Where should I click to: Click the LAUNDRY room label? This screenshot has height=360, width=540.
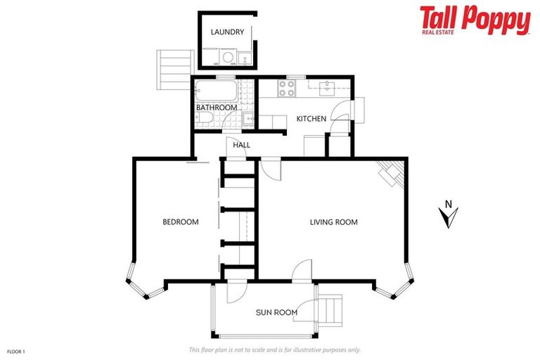pyautogui.click(x=228, y=32)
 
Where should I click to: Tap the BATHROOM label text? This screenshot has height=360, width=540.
pyautogui.click(x=217, y=108)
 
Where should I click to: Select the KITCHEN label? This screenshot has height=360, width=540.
pyautogui.click(x=311, y=119)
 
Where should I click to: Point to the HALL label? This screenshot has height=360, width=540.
pyautogui.click(x=241, y=146)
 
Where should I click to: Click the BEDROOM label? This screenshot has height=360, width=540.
pyautogui.click(x=181, y=222)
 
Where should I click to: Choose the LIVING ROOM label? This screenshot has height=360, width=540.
pyautogui.click(x=334, y=222)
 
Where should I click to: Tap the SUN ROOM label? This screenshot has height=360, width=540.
pyautogui.click(x=276, y=312)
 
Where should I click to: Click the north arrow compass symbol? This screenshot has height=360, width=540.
pyautogui.click(x=447, y=216)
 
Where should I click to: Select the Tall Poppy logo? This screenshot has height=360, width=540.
pyautogui.click(x=475, y=20)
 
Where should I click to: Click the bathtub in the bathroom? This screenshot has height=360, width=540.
pyautogui.click(x=216, y=91)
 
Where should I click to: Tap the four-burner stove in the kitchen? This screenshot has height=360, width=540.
pyautogui.click(x=287, y=89)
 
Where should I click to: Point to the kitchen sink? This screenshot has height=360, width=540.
pyautogui.click(x=328, y=88)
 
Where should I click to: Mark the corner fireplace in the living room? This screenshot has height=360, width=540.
pyautogui.click(x=390, y=173)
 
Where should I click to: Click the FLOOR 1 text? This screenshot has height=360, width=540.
pyautogui.click(x=16, y=351)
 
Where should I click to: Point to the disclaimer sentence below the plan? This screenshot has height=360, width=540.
pyautogui.click(x=275, y=349)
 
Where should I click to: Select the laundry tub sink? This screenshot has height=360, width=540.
pyautogui.click(x=243, y=58)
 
